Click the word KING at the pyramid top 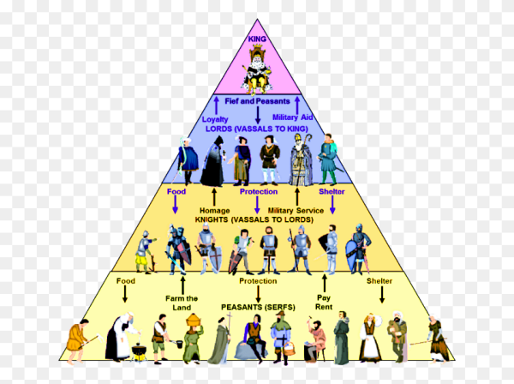(257, 39)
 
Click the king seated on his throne (257, 69)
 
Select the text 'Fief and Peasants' (257, 101)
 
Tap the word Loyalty (215, 119)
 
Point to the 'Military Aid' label (293, 117)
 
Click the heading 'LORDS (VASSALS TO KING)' (257, 129)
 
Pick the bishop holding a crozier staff (301, 159)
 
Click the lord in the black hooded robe (213, 161)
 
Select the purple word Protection (259, 191)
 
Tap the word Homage (214, 211)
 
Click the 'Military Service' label (296, 211)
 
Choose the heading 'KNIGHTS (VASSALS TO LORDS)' (254, 219)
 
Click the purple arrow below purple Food (176, 205)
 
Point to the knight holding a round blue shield (358, 249)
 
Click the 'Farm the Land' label (182, 303)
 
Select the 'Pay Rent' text (324, 302)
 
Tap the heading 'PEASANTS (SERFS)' (258, 307)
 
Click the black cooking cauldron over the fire (140, 352)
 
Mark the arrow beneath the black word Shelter (381, 294)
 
